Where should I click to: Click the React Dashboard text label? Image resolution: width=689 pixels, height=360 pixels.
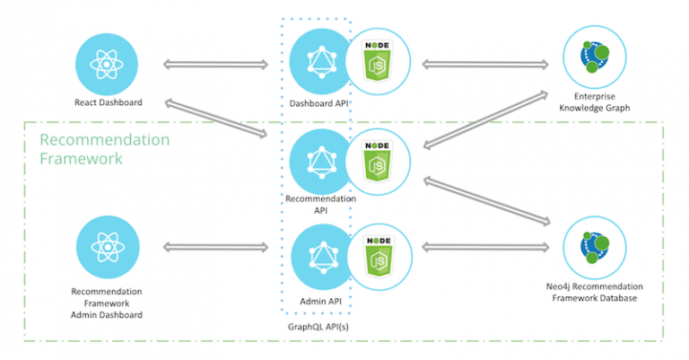pos(108,101)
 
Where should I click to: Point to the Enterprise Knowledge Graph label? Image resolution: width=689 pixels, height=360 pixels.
pos(594,102)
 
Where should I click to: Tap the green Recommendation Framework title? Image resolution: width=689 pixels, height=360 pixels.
pos(104,149)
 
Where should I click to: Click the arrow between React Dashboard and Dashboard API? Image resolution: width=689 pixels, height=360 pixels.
pos(215,64)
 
